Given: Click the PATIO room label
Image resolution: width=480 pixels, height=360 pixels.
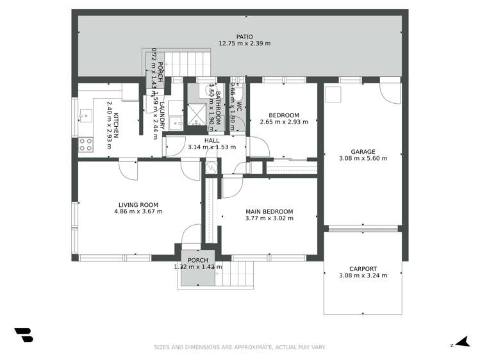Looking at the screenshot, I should pyautogui.click(x=244, y=37).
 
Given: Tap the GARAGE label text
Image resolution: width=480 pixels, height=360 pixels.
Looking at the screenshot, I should pyautogui.click(x=363, y=152).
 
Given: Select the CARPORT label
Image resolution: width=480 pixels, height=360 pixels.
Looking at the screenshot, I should pyautogui.click(x=363, y=269).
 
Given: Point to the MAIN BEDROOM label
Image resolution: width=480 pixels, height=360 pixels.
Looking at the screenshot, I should pyautogui.click(x=269, y=211).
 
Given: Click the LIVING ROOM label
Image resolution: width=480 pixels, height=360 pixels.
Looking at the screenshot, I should pyautogui.click(x=138, y=205).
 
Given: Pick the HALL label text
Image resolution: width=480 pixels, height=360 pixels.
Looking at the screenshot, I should pyautogui.click(x=211, y=140).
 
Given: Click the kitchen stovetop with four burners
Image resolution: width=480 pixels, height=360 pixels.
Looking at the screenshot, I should pyautogui.click(x=86, y=145).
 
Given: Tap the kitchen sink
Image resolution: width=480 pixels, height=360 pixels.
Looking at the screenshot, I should pyautogui.click(x=85, y=116).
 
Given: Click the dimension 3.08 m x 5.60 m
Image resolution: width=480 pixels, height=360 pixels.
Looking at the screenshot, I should pyautogui.click(x=363, y=159).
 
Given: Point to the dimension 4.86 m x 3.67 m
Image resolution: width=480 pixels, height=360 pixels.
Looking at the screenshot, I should pyautogui.click(x=138, y=211).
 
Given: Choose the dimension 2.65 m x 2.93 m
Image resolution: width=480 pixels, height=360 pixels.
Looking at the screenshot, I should pyautogui.click(x=284, y=122).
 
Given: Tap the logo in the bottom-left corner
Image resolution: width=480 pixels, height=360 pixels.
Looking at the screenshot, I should pyautogui.click(x=23, y=335).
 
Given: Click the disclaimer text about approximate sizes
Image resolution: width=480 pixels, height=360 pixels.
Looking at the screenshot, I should pyautogui.click(x=240, y=347).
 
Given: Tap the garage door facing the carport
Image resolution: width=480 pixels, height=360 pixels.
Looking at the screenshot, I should pyautogui.click(x=363, y=228).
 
